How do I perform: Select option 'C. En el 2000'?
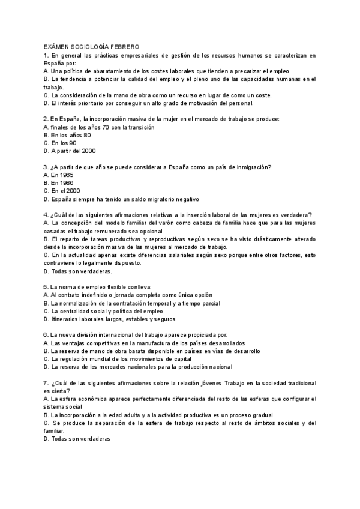(x=61, y=191)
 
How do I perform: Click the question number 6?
(x=46, y=335)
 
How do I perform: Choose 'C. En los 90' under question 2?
(x=60, y=143)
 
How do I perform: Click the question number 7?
(x=46, y=383)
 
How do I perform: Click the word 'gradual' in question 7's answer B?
(x=262, y=415)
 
